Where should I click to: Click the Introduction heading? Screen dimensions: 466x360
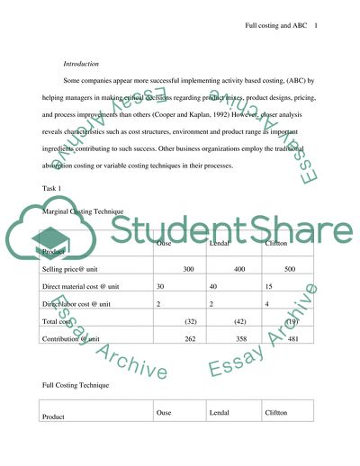pyautogui.click(x=83, y=65)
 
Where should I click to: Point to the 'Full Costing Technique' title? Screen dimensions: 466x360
pyautogui.click(x=76, y=385)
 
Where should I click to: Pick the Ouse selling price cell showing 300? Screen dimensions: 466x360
pyautogui.click(x=188, y=269)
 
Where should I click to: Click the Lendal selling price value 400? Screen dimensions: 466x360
pyautogui.click(x=239, y=269)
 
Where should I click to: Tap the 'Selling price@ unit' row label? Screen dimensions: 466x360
pyautogui.click(x=73, y=269)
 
